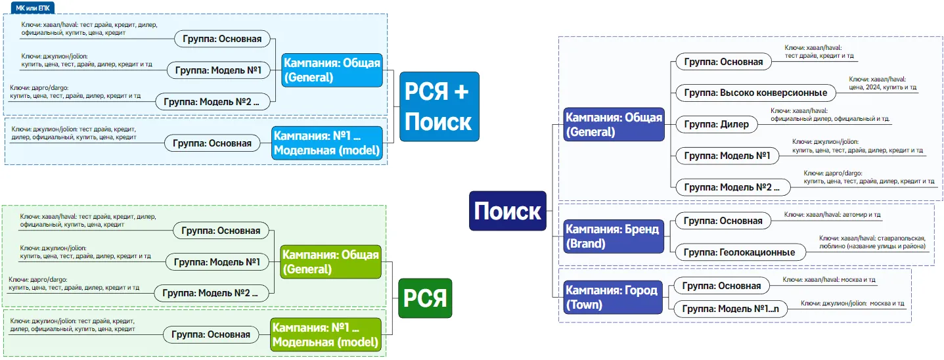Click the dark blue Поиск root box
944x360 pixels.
[507, 211]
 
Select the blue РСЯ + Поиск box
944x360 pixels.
[439, 106]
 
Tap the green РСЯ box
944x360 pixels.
[424, 298]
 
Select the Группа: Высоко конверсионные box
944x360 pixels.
[755, 93]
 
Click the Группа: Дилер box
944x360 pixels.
[716, 124]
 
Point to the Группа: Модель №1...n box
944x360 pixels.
[730, 309]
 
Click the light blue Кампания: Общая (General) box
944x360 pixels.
[332, 70]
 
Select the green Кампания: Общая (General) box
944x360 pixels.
[330, 261]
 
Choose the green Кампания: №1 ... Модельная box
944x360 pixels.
[326, 334]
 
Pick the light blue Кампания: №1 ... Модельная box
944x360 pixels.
[326, 143]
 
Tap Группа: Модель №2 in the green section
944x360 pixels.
[211, 293]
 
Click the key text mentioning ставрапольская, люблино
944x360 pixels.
[872, 242]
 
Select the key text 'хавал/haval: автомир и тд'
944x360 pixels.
[832, 215]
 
